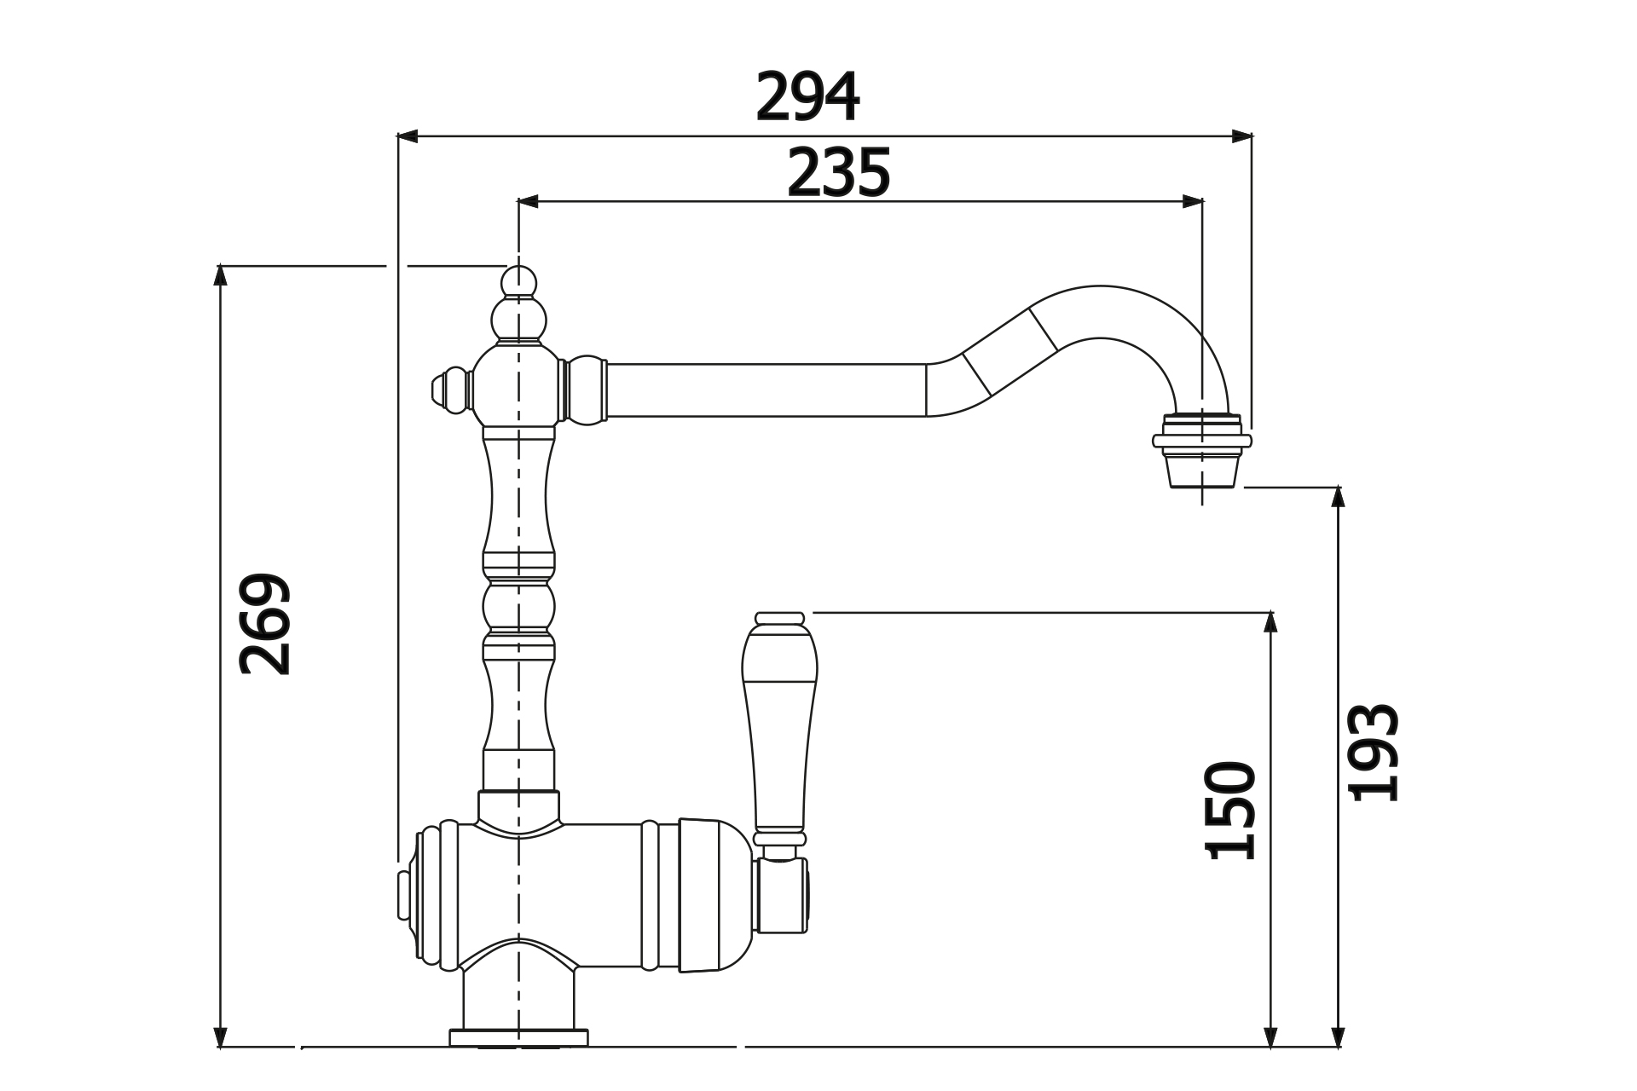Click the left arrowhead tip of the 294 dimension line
398,136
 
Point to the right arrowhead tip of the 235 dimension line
1203,202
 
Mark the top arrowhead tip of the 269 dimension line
221,266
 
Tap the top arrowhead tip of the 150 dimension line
1270,612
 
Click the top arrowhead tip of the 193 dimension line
1338,487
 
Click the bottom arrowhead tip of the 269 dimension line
221,1047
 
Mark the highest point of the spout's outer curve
1100,286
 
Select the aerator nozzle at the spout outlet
1202,450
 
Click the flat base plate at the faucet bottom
519,1037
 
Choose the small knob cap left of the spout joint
451,390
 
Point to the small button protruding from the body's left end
403,895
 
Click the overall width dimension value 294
807,97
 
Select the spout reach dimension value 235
838,173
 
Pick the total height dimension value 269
265,625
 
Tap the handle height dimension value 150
1230,810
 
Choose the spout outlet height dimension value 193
1373,753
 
